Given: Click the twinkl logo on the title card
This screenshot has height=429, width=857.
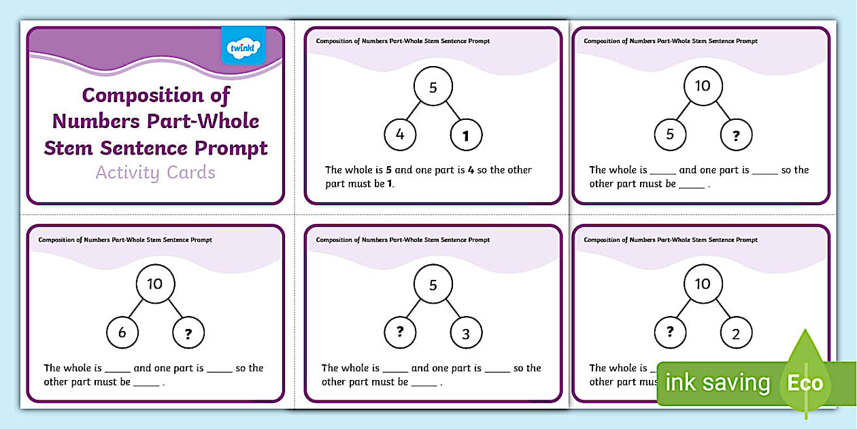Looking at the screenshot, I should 243,46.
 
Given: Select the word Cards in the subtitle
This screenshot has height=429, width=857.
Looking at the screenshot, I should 191,173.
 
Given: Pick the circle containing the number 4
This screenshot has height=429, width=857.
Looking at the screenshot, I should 400,135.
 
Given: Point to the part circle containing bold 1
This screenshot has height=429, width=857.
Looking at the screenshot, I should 466,136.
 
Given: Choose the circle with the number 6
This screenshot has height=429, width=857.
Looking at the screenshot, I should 122,333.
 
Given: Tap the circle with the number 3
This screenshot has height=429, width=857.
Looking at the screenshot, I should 466,334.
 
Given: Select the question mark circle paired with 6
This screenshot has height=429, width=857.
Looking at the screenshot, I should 188,333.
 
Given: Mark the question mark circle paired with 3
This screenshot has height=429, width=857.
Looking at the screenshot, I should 400,332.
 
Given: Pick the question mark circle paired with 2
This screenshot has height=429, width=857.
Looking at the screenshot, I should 670,332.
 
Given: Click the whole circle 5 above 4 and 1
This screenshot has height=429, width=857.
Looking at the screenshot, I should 433,87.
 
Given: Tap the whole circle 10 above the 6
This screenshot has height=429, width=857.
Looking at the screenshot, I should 155,284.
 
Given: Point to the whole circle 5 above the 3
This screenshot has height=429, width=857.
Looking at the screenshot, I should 433,285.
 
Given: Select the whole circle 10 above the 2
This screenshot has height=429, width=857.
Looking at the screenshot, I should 703,284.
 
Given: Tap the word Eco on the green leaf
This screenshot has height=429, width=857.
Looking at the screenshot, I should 805,383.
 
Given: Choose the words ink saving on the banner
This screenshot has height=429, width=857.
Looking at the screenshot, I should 718,383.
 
